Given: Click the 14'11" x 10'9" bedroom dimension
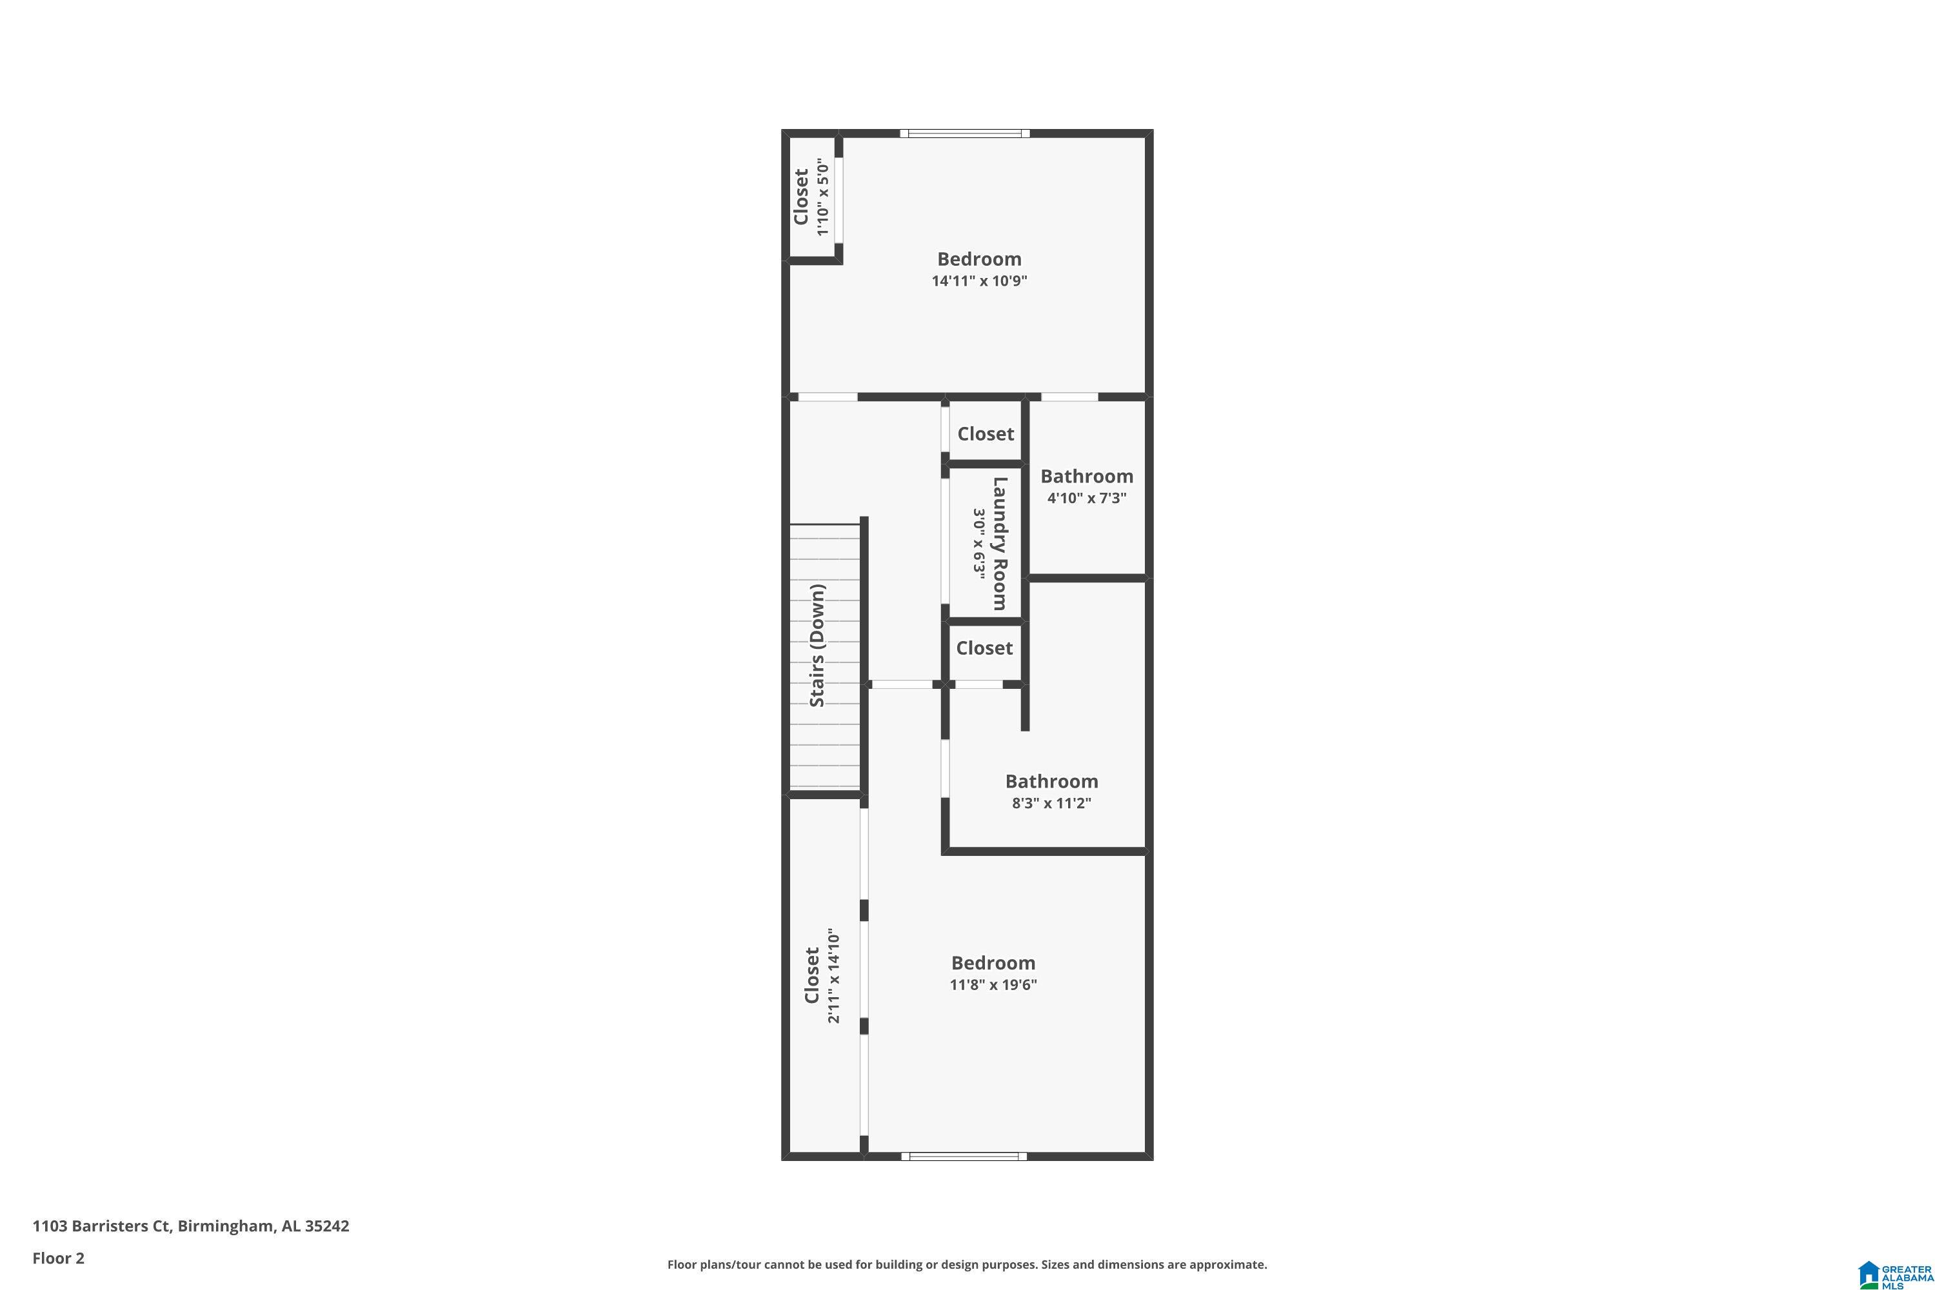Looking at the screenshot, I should (979, 281).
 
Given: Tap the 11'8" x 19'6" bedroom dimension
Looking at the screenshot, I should (993, 985).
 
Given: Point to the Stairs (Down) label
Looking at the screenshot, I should (817, 645).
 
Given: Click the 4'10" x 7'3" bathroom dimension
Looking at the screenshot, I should (1086, 498).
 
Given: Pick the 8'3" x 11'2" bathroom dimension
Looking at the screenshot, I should (1051, 803).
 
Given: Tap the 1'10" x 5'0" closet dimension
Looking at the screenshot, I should (823, 197).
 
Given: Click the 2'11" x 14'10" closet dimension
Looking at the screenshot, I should (833, 976).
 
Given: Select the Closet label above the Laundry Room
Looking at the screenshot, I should (986, 433).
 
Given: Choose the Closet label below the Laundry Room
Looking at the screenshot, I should (984, 648).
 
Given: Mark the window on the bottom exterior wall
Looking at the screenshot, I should (964, 1156).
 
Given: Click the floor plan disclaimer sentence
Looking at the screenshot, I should (967, 1264).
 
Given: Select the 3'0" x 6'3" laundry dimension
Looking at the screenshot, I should (979, 543).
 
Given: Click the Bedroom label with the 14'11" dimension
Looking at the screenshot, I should (979, 259).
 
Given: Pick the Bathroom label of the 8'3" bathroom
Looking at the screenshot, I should (1051, 782).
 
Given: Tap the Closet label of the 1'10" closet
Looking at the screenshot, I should (801, 197).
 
